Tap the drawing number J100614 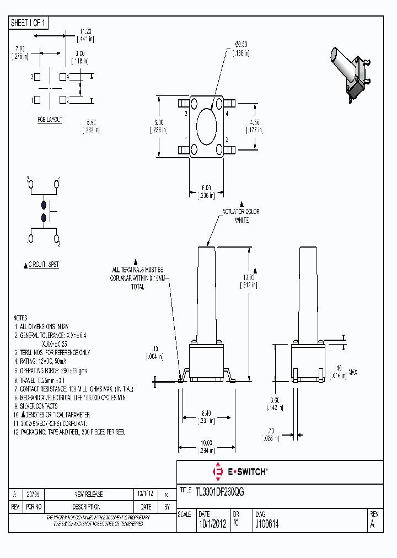coord(267,524)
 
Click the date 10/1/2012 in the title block coord(211,524)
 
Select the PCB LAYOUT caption coord(50,120)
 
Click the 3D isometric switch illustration coord(352,72)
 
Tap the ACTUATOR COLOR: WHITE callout coord(241,216)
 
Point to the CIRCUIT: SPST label coord(42,265)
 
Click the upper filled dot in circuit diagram coord(44,205)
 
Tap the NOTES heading coord(20,318)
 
